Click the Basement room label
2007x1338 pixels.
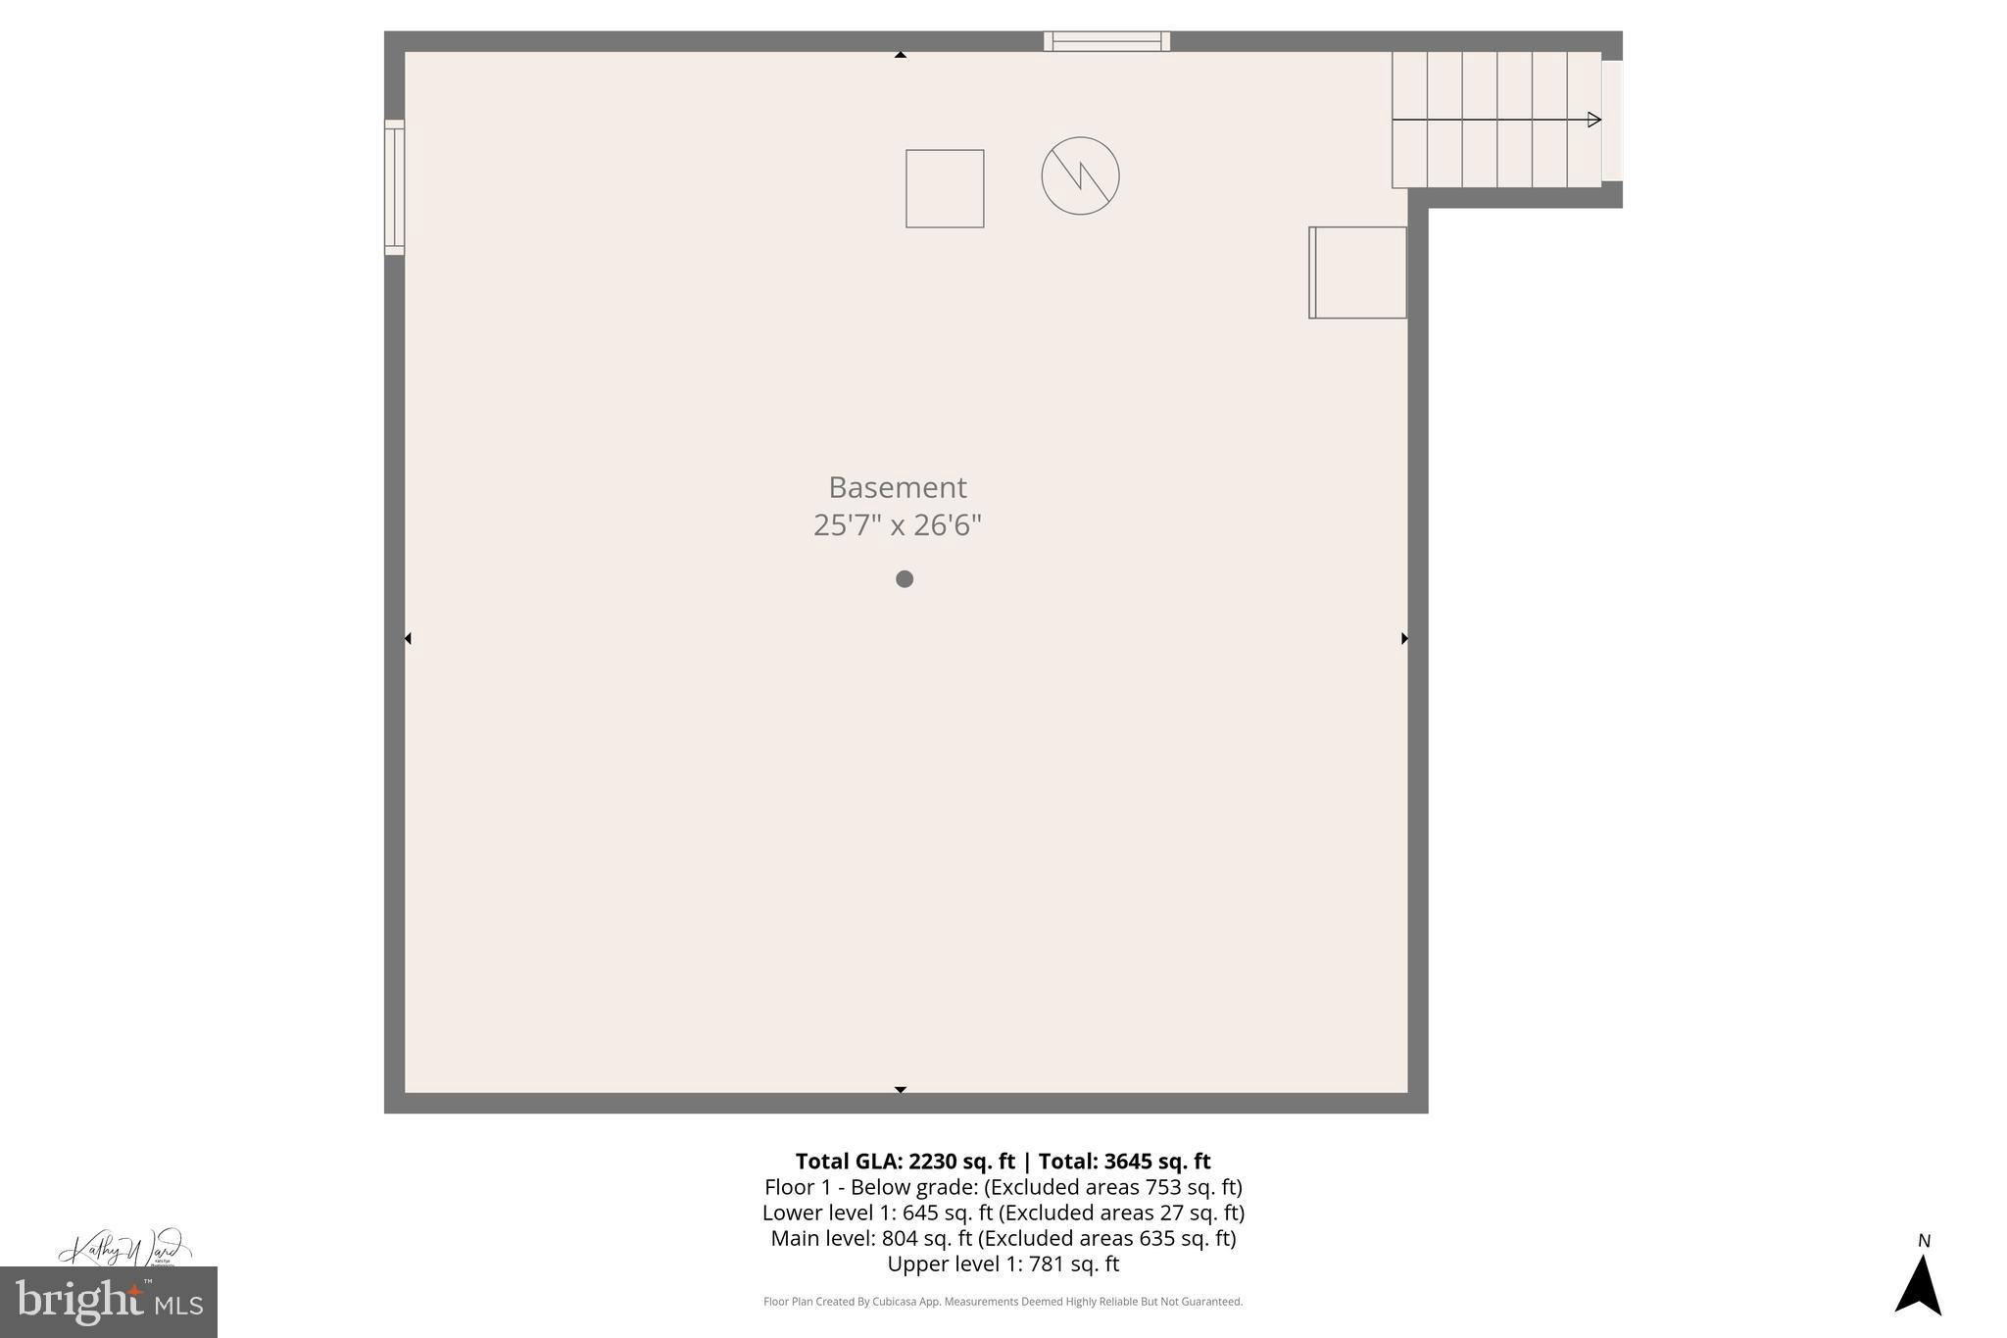897,487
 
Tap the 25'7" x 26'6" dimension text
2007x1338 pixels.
897,525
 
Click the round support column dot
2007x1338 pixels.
905,579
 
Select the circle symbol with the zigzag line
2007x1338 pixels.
1080,175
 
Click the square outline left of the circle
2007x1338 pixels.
945,188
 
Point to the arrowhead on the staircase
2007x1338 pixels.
1593,120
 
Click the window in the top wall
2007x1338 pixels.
1106,41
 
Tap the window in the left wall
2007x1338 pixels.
394,187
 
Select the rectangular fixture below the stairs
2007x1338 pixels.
1358,273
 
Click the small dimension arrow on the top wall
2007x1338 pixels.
900,55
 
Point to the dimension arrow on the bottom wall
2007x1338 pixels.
900,1089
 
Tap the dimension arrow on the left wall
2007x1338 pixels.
408,638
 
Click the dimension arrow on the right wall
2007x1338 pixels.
1404,638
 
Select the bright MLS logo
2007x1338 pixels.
109,1303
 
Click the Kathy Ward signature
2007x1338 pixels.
123,1248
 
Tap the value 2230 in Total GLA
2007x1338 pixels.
937,1162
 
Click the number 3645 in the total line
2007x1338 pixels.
1129,1162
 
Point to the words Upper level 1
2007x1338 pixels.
952,1264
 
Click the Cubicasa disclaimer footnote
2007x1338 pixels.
1003,1302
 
